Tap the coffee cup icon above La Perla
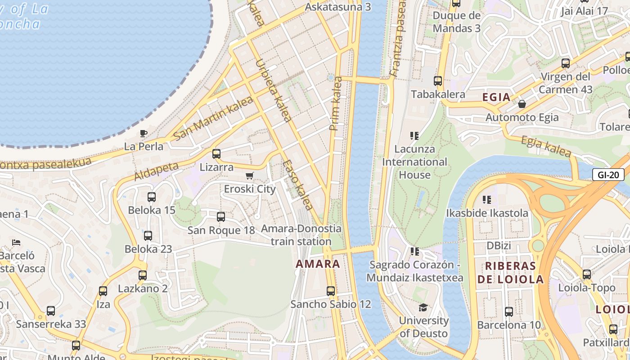pyautogui.click(x=143, y=133)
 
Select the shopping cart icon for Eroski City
pyautogui.click(x=249, y=176)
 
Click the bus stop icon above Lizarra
pyautogui.click(x=216, y=154)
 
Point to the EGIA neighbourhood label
pyautogui.click(x=496, y=97)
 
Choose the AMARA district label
pyautogui.click(x=318, y=264)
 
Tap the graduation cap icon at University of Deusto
pyautogui.click(x=423, y=307)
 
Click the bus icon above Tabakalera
pyautogui.click(x=438, y=81)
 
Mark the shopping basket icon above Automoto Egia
pyautogui.click(x=522, y=104)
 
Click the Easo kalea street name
pyautogui.click(x=298, y=185)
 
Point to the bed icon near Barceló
pyautogui.click(x=17, y=243)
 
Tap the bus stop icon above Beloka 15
pyautogui.click(x=152, y=197)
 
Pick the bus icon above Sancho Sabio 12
pyautogui.click(x=331, y=291)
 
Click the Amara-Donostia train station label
pyautogui.click(x=301, y=235)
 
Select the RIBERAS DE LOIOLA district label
pyautogui.click(x=511, y=273)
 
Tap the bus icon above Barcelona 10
pyautogui.click(x=509, y=312)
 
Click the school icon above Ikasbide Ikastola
pyautogui.click(x=487, y=199)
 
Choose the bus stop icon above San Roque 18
pyautogui.click(x=221, y=217)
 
